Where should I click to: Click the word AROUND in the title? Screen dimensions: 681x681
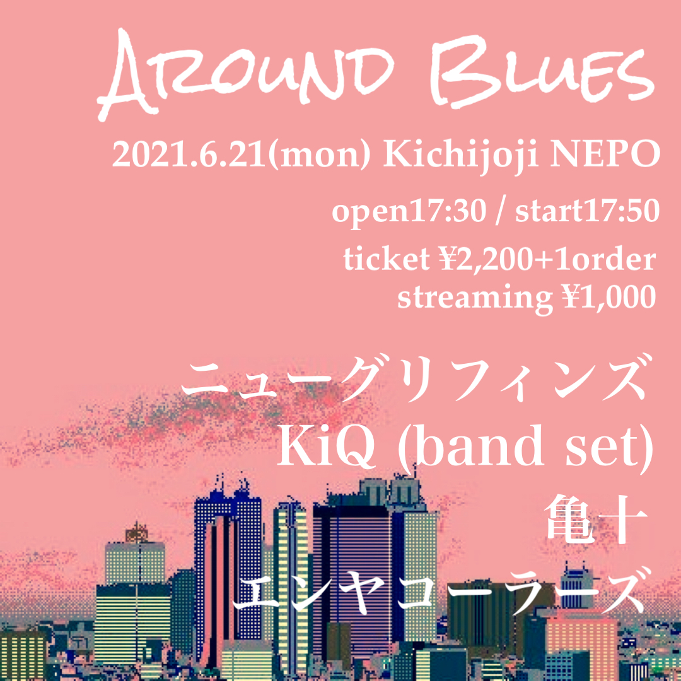point(246,73)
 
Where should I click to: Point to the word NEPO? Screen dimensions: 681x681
point(605,154)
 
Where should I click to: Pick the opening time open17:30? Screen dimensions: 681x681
point(409,211)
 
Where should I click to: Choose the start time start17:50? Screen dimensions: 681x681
point(588,211)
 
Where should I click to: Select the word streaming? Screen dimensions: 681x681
point(475,298)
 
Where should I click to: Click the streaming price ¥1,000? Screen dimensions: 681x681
point(609,298)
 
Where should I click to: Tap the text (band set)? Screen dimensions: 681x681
point(526,447)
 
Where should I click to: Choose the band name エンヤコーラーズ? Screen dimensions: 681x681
point(439,591)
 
